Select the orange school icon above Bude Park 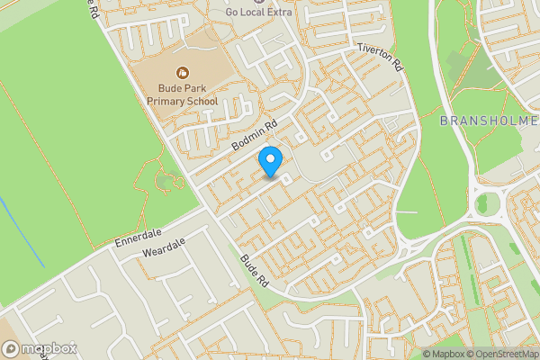click(x=183, y=71)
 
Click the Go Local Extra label click(x=259, y=13)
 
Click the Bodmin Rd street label click(x=255, y=135)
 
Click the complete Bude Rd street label click(x=255, y=269)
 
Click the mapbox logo click(x=38, y=348)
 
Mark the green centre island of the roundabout click(x=487, y=202)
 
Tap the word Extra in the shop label click(x=279, y=13)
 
